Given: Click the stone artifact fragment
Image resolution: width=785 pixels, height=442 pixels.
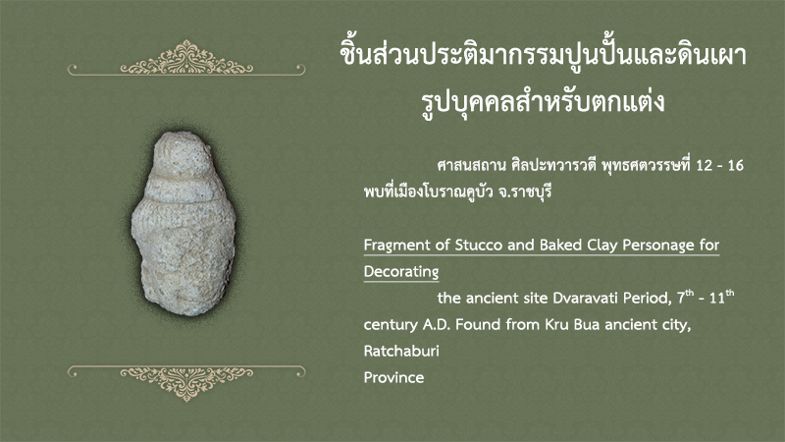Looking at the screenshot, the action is tap(183, 223).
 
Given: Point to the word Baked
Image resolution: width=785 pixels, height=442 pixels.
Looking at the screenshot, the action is tap(561, 245).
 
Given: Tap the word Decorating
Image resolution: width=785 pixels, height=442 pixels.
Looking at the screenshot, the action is tap(401, 272).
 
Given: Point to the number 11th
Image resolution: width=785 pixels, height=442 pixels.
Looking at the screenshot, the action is tap(722, 297).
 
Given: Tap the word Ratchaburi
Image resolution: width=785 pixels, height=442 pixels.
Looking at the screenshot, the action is tap(401, 351).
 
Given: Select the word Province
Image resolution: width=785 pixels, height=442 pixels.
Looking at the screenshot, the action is tap(393, 377).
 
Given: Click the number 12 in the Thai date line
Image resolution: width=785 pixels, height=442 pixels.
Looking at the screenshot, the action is tap(705, 165).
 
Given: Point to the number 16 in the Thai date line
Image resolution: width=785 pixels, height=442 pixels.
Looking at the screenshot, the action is tap(735, 165).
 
